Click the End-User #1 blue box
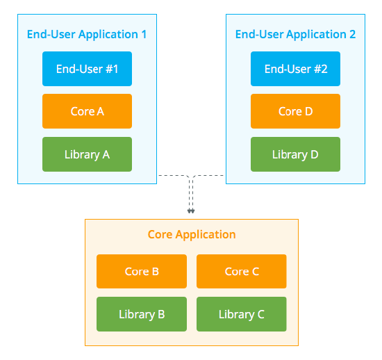pos(87,69)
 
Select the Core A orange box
pos(87,111)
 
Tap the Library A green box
pos(87,154)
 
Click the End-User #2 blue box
pos(295,69)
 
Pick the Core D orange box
pos(295,111)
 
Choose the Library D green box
pos(295,154)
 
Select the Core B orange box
pos(142,271)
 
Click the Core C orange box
pos(242,271)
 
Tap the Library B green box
pos(142,314)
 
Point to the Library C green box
pos(242,314)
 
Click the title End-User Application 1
pos(87,34)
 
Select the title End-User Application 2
pos(295,34)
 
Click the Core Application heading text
pos(192,234)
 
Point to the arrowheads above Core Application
pos(191,211)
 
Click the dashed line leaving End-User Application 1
pos(172,176)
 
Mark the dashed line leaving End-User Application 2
pos(210,176)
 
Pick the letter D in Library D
pos(314,154)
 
